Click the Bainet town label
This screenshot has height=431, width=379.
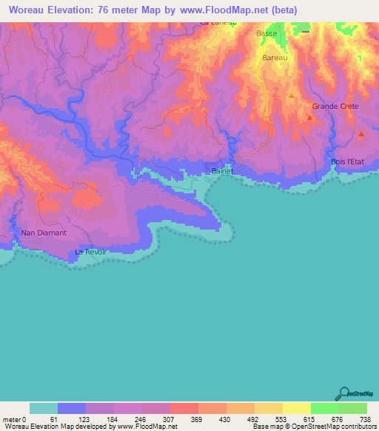[x=222, y=171]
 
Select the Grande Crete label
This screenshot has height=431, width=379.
[x=335, y=106]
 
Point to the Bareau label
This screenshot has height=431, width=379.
[x=274, y=57]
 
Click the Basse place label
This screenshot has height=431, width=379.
[x=266, y=34]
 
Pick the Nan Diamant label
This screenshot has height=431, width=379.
[x=44, y=233]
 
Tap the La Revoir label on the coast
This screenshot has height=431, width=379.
[x=91, y=252]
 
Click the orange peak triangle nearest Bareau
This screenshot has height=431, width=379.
[x=291, y=96]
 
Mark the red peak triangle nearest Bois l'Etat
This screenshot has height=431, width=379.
[x=360, y=134]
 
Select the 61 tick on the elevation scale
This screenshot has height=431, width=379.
[x=53, y=420]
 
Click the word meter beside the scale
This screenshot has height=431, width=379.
[x=11, y=420]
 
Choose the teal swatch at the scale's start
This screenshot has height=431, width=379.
[x=44, y=408]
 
